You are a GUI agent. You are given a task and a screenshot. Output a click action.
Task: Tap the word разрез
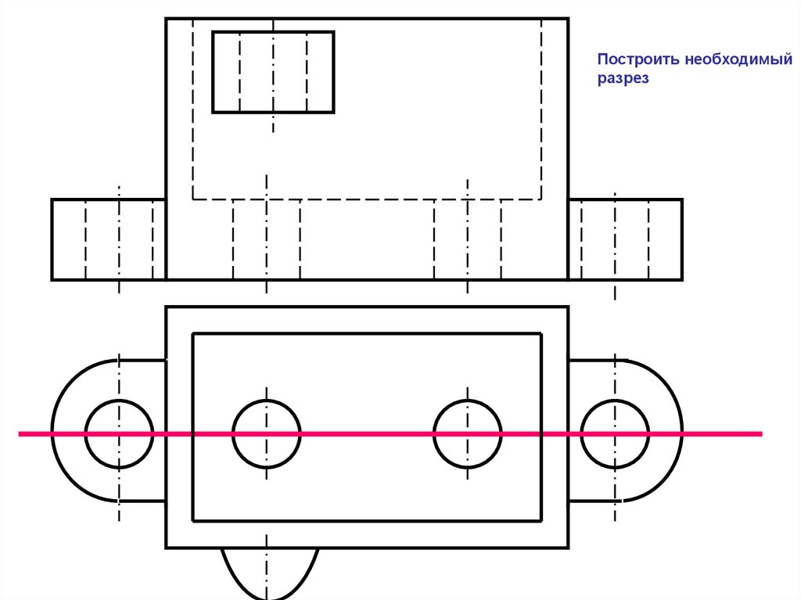coord(623,80)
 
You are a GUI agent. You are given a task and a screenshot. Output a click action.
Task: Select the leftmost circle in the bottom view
coord(119,433)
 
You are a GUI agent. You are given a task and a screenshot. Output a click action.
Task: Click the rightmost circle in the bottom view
coord(615,433)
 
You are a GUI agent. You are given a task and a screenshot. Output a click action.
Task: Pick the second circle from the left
coord(266,433)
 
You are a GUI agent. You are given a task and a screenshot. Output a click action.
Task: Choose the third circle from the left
coord(467,433)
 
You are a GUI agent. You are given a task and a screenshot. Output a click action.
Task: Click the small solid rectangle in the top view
coord(273,72)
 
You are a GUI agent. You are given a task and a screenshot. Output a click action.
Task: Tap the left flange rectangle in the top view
coord(109,239)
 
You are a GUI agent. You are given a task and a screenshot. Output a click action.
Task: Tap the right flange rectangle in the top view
coord(625,239)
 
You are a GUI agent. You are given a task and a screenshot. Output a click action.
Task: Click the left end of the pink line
coord(20,433)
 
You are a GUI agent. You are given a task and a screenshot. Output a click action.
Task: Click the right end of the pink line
coord(760,433)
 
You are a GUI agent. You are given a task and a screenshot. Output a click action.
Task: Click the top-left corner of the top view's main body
coord(166,19)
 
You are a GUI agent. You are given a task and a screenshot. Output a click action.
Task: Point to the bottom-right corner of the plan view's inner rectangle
coord(541,520)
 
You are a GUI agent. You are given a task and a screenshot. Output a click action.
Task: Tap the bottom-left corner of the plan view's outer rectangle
coord(166,547)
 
